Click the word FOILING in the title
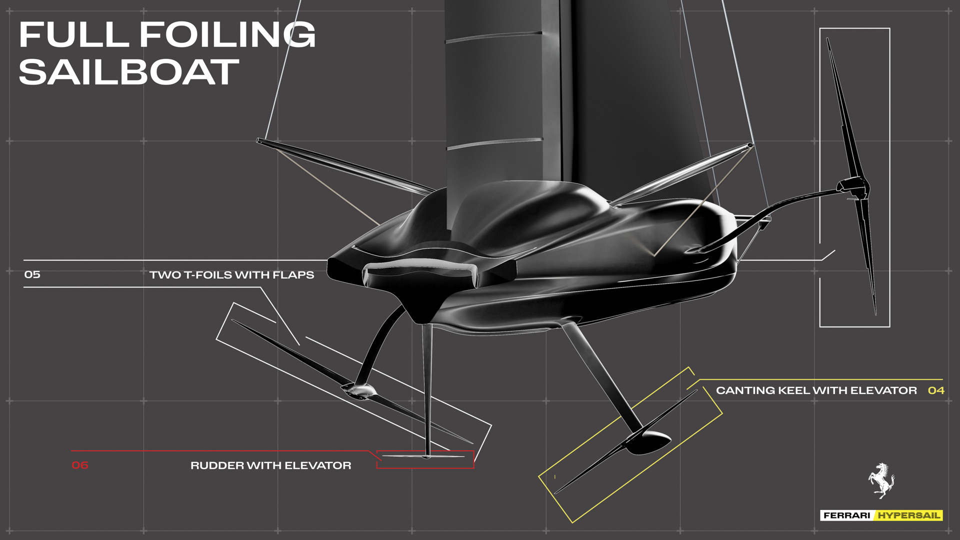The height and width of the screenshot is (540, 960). point(227,34)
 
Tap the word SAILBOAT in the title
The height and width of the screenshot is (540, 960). point(129,72)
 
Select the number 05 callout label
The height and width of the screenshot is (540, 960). point(32,274)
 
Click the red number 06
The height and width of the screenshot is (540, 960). point(80,465)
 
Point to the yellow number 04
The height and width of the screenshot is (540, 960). point(936,390)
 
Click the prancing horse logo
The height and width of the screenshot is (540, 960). point(881,480)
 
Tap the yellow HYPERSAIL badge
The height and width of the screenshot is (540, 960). point(909,515)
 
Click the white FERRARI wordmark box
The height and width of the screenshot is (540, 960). point(847,515)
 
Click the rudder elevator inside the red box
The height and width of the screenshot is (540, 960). point(424,456)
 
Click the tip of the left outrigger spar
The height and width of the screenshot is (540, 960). point(258,140)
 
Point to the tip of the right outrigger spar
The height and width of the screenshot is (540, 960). point(750,145)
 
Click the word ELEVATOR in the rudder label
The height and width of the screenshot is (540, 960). point(318,465)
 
